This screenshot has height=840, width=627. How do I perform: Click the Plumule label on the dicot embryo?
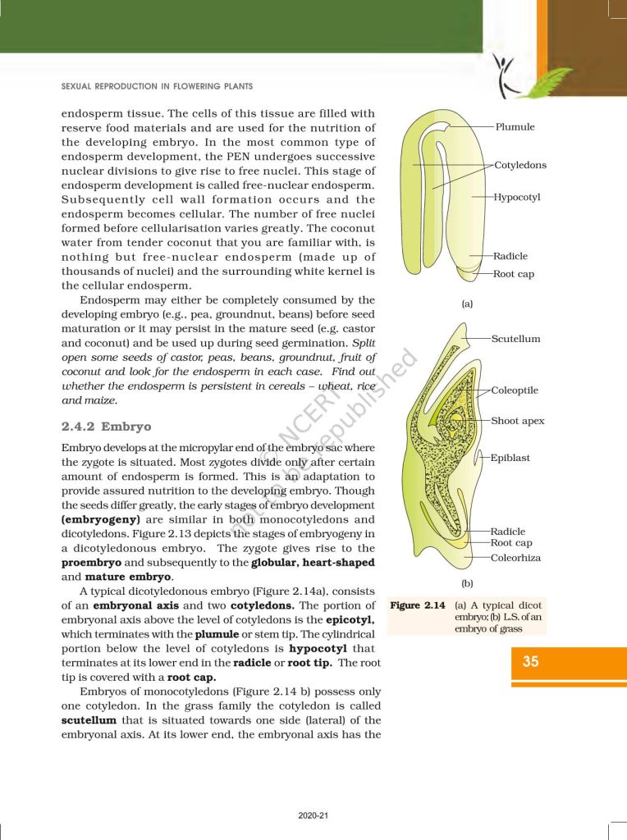(x=515, y=127)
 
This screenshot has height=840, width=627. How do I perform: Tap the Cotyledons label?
(x=520, y=165)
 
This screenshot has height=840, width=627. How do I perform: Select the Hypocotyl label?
(x=517, y=198)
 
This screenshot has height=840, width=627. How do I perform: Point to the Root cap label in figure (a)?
(x=514, y=274)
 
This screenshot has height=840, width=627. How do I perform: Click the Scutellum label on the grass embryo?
(x=515, y=339)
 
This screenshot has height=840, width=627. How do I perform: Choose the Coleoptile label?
(x=515, y=390)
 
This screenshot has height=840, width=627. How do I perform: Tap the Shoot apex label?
(x=518, y=421)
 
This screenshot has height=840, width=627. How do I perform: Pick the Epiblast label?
(x=510, y=458)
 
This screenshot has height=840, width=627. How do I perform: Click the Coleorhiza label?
(x=515, y=558)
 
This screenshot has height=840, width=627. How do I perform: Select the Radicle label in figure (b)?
(x=508, y=532)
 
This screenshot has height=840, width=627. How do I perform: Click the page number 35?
(x=531, y=662)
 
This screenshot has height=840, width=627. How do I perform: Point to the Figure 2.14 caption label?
(x=417, y=605)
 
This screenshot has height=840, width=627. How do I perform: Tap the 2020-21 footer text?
(x=313, y=815)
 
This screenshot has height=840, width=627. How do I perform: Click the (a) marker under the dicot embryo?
(x=467, y=304)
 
